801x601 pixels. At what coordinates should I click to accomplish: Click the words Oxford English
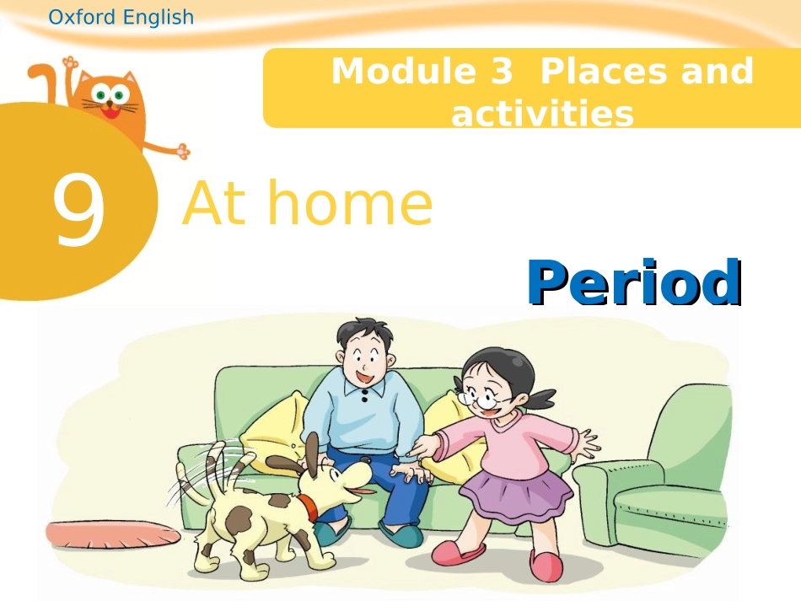coord(121,17)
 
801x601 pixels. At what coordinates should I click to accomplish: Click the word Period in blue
coord(634,282)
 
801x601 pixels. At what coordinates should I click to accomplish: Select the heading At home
coord(307,205)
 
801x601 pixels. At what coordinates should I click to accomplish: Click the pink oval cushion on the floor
coord(112,533)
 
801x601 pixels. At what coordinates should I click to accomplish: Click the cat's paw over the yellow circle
coord(180,151)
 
